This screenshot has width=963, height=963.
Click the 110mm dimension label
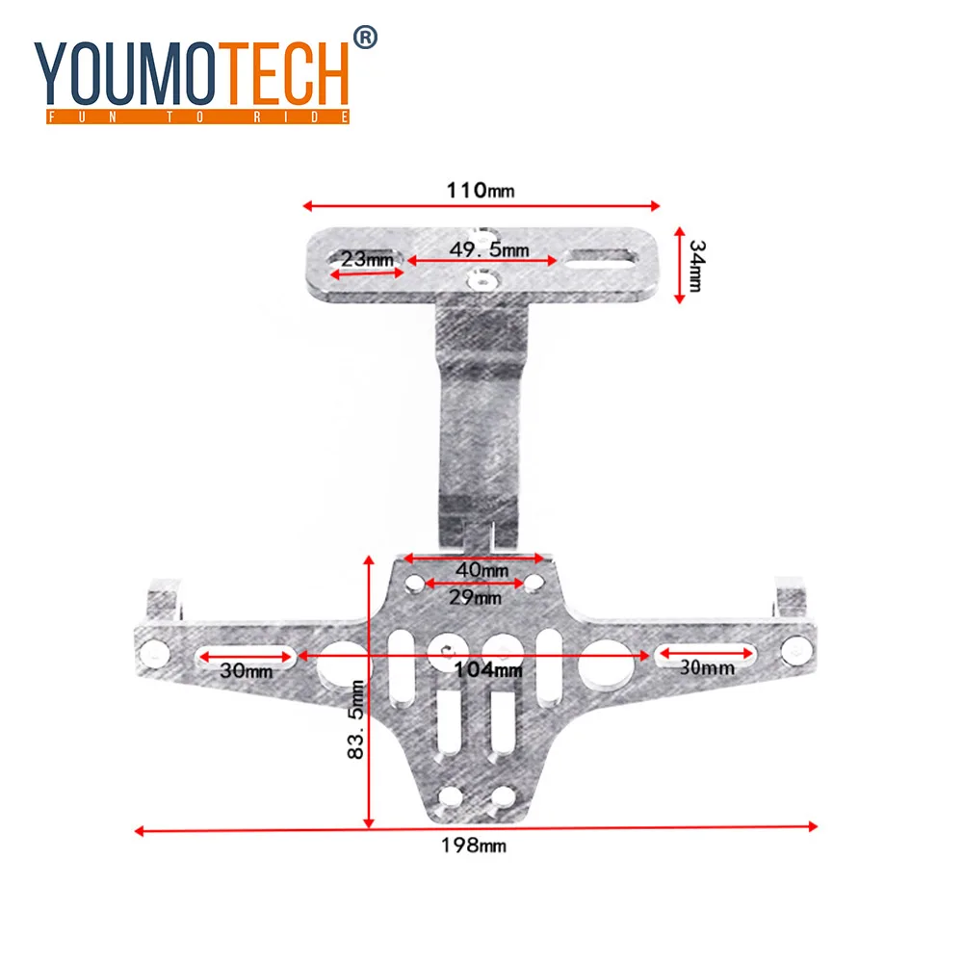[x=480, y=190]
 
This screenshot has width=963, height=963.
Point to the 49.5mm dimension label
[x=489, y=249]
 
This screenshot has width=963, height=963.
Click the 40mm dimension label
[x=481, y=570]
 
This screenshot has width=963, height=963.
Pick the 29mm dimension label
[x=476, y=598]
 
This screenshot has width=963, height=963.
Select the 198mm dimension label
[x=473, y=846]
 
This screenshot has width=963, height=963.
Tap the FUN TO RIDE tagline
[x=193, y=117]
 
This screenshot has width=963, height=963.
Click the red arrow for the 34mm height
[x=679, y=265]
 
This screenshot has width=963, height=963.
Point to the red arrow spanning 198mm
[x=476, y=827]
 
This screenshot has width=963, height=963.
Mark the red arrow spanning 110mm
[x=481, y=205]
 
